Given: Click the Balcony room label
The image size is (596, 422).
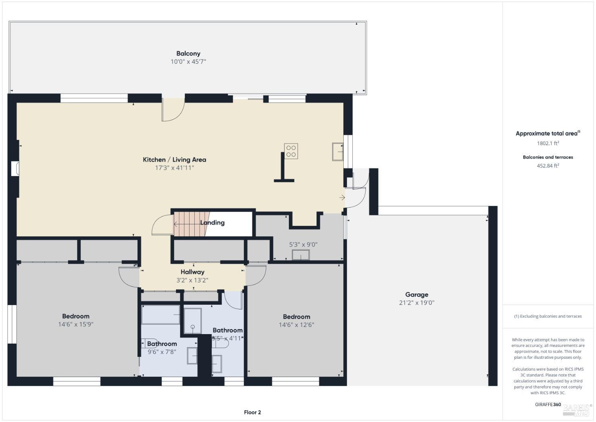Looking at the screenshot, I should click(x=188, y=53).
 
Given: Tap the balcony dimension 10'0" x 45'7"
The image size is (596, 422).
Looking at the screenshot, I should click(x=188, y=62).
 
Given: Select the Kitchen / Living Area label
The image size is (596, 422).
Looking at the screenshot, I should click(x=174, y=159).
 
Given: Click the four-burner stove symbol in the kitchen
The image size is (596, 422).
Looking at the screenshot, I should click(x=291, y=151).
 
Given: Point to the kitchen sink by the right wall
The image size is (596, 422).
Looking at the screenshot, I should click(x=338, y=152).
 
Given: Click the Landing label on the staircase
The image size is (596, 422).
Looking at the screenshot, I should click(x=212, y=223).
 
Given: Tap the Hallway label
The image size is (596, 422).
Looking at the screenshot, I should click(x=192, y=272).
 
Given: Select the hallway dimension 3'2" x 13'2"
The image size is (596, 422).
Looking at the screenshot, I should click(x=192, y=280).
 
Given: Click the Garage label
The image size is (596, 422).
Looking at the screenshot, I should click(x=416, y=295).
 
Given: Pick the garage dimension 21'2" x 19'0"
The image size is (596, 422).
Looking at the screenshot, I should click(x=416, y=303).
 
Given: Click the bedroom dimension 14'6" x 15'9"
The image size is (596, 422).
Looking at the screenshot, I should click(x=75, y=325).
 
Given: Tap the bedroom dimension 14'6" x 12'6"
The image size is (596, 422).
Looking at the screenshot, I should click(x=296, y=325).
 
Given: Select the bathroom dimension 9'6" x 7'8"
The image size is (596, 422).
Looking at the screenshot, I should click(x=162, y=352).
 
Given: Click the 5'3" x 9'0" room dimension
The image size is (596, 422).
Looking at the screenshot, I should click(x=303, y=245).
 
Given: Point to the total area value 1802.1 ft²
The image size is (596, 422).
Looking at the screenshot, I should click(x=548, y=143).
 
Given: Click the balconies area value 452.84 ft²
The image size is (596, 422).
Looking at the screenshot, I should click(x=548, y=166).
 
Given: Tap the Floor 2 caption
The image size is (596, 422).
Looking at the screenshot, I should click(x=252, y=412).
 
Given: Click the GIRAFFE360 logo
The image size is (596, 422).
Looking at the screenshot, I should click(x=548, y=404).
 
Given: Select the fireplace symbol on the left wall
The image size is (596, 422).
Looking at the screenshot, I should click(x=15, y=168).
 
